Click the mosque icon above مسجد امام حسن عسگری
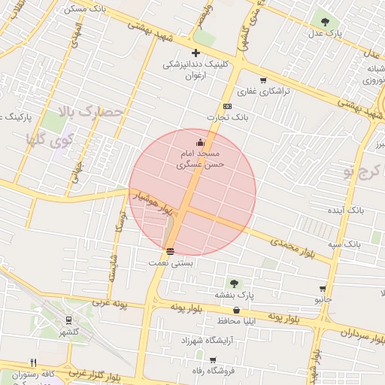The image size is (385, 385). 200,142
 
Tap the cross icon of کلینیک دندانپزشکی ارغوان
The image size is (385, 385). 196,53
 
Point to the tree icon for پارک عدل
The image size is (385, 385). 325,22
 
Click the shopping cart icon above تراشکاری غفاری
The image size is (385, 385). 263,80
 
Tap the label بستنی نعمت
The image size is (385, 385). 172,263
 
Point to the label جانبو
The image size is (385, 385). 323,299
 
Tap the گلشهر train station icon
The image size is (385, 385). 69,320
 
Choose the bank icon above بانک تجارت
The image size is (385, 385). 228,106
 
